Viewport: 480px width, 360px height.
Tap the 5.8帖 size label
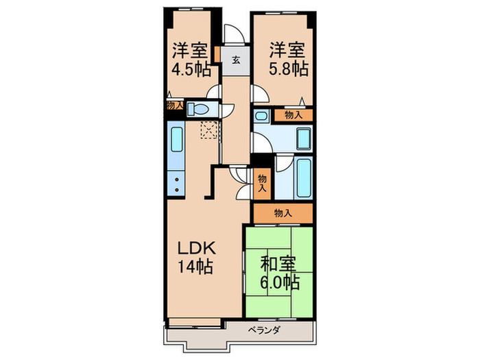point(288,69)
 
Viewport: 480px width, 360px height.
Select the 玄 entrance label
point(235,60)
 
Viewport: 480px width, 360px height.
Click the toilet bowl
point(198,108)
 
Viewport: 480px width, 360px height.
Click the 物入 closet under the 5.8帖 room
point(293,115)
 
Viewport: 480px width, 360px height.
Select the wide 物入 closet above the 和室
point(283,213)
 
